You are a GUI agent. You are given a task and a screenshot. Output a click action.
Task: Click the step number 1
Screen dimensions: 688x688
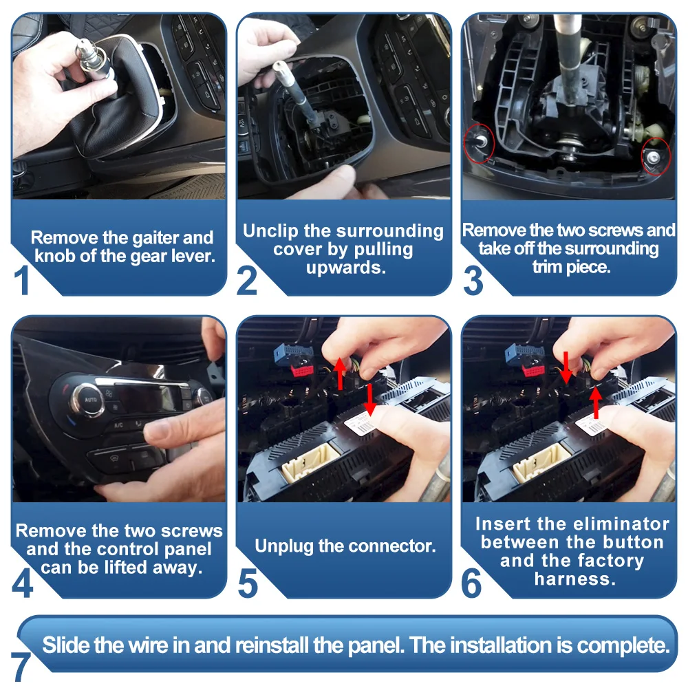(x=22, y=280)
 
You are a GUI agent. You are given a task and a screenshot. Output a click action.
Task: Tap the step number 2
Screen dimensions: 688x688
(x=246, y=280)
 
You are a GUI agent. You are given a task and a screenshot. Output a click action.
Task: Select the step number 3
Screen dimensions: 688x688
(x=473, y=280)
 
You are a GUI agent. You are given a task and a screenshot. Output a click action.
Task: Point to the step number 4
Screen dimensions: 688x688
(x=23, y=583)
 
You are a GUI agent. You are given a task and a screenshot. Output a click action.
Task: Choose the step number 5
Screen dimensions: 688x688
(x=248, y=583)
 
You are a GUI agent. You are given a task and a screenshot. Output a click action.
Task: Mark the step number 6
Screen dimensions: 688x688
(x=472, y=583)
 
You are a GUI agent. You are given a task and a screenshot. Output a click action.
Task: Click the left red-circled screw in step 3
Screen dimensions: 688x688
(x=481, y=141)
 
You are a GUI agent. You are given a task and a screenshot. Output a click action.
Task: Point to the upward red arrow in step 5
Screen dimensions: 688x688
(x=340, y=374)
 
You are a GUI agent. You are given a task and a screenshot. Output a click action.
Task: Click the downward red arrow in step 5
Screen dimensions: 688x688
(x=369, y=399)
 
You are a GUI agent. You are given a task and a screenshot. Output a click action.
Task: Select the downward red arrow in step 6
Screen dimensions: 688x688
(x=566, y=367)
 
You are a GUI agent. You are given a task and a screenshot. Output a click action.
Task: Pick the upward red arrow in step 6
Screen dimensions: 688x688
(x=595, y=402)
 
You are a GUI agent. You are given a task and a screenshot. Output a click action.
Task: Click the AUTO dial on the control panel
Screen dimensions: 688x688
(x=89, y=400)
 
